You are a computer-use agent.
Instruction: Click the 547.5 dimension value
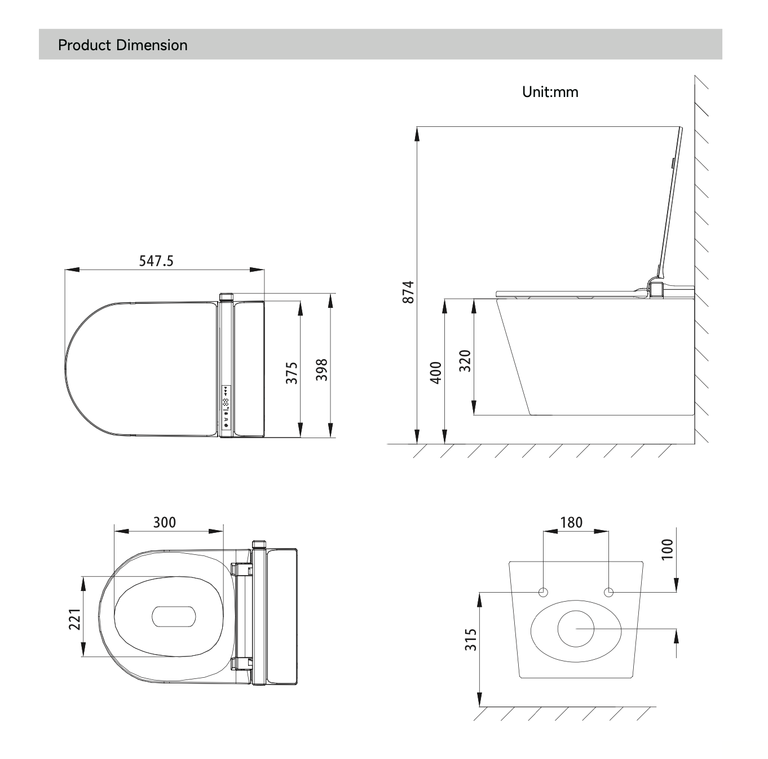156,261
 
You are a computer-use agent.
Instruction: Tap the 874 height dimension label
408,292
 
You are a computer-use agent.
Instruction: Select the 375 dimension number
292,373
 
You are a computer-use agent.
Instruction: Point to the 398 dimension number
321,370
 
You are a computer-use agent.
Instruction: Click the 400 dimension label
436,373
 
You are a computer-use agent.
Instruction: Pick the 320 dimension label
465,361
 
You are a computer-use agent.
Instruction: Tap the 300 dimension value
165,522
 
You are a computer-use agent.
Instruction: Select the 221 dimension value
74,620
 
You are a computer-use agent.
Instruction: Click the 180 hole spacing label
571,522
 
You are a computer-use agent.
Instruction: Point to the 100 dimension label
667,549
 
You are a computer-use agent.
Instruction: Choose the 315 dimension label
471,640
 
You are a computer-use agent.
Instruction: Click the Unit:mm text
550,92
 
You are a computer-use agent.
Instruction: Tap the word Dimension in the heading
152,45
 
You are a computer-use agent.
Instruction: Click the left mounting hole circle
543,592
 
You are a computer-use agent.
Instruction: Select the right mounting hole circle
608,592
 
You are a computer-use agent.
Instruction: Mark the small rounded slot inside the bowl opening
174,616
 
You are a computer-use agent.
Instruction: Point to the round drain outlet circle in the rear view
576,629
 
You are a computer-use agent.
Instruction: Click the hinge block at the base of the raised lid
656,288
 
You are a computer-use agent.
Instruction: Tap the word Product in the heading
85,45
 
